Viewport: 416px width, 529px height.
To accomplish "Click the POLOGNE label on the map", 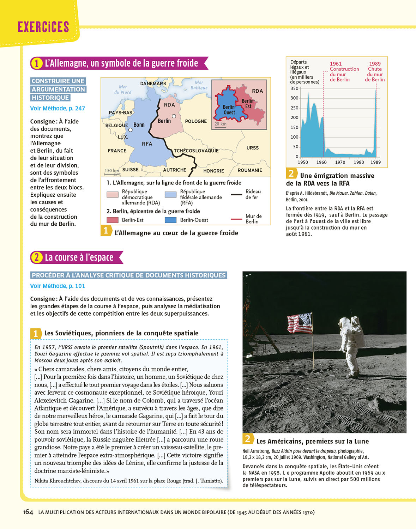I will coord(196,121).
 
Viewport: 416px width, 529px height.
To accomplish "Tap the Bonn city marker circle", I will coord(130,130).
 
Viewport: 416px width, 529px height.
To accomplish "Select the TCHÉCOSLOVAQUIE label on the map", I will coord(196,151).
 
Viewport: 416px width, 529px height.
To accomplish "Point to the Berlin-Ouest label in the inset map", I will coord(229,110).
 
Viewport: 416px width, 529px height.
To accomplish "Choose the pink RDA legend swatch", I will coord(113,194).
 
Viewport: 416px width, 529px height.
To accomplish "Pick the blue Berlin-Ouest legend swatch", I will coord(171,220).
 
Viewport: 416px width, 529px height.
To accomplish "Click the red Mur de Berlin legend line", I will coord(236,219).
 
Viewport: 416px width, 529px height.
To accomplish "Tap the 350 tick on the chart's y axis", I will coord(294,89).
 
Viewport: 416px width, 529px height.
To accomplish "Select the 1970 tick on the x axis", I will coord(340,162).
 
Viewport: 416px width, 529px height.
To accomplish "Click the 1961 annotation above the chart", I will coord(336,64).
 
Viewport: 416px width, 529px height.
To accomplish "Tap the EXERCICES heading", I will coord(43,27).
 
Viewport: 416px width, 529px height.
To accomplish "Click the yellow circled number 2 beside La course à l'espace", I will coord(36,257).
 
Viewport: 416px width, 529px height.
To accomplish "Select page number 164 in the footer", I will coord(28,512).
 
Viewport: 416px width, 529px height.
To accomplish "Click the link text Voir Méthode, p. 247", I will coord(58,109).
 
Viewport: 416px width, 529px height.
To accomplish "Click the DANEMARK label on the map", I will coord(153,84).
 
